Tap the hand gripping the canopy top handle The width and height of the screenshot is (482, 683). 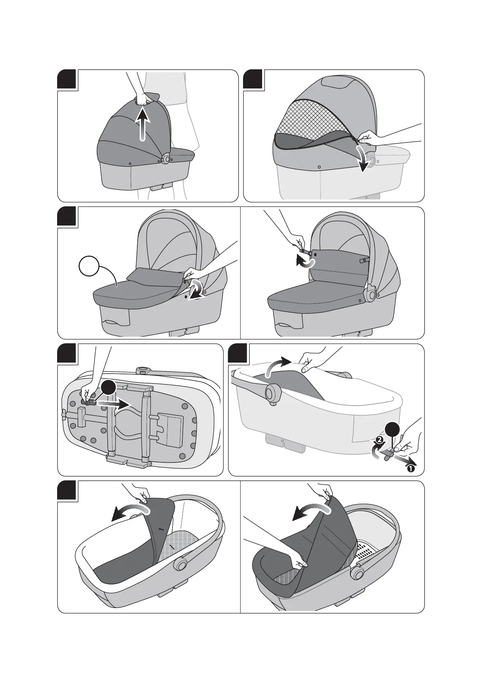[x=141, y=99]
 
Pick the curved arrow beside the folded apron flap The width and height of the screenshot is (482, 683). [x=196, y=290]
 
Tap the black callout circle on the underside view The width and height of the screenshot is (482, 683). [x=109, y=389]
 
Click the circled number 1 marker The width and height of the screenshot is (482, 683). [x=410, y=468]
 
